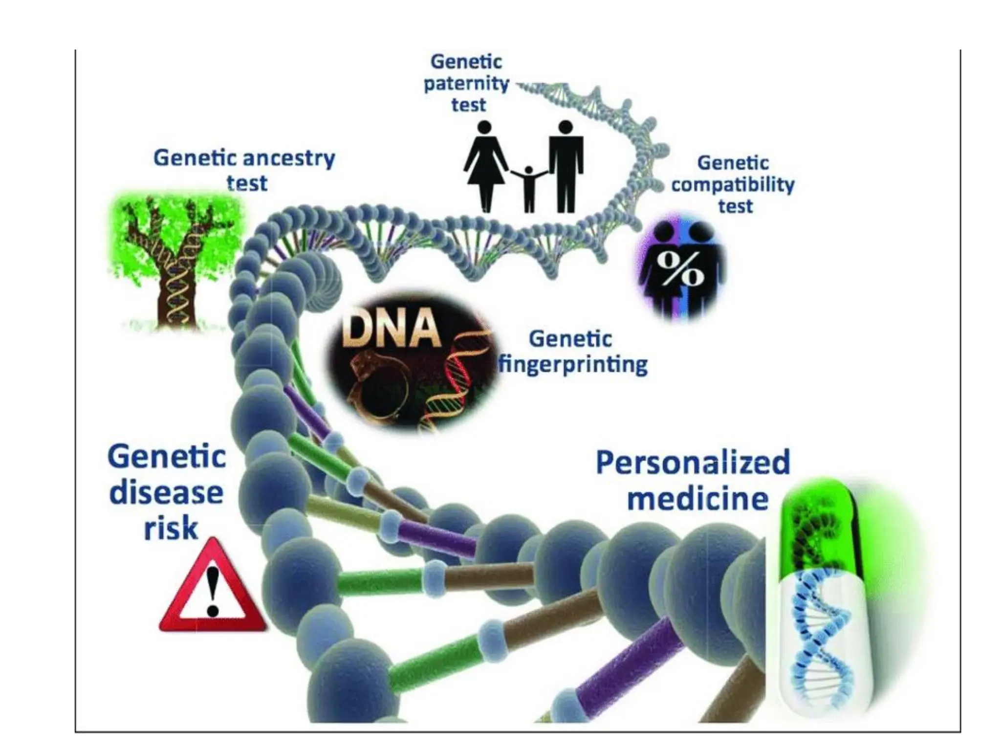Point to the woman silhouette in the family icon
[484, 166]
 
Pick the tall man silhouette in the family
[566, 166]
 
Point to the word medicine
[697, 499]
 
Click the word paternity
[466, 84]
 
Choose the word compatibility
[733, 185]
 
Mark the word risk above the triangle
[171, 529]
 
